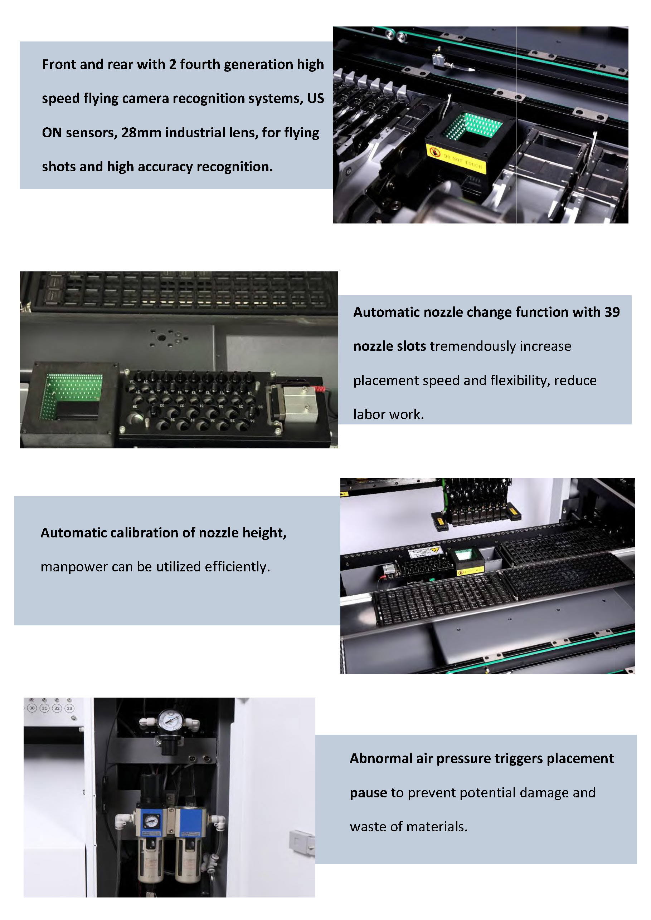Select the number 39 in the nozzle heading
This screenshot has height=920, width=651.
tap(612, 312)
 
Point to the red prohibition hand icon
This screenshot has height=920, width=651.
tap(434, 152)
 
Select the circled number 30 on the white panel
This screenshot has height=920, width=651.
tap(32, 708)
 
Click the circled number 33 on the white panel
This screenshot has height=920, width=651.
tap(69, 708)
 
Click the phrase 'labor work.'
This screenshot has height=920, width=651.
tap(388, 414)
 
